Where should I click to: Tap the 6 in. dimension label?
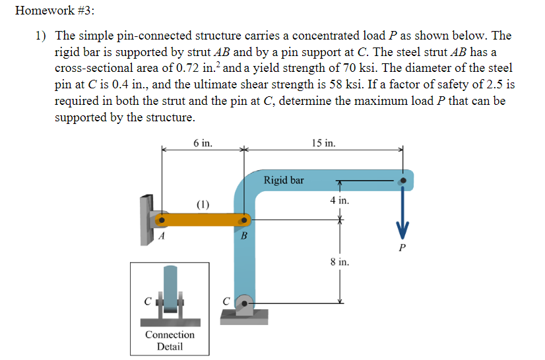point(203,143)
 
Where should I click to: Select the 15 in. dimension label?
point(323,143)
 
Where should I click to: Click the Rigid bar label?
point(284,180)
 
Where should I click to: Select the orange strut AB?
point(202,220)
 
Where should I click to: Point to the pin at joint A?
point(160,220)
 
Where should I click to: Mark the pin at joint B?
point(243,220)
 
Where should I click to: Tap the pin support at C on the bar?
point(243,304)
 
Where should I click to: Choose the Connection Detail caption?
point(170,340)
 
